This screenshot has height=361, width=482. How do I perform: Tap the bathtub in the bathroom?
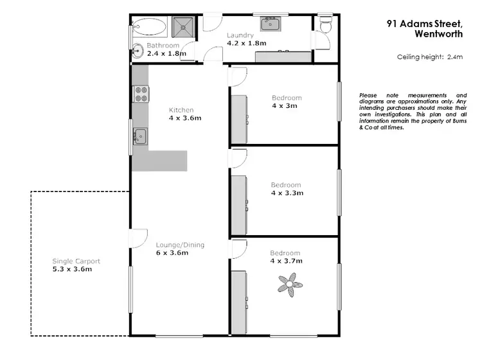point(149,27)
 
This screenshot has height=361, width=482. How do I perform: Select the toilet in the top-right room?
point(326,24)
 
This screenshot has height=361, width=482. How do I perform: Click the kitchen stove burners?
point(141,94)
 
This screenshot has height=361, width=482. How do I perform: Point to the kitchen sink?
point(139,136)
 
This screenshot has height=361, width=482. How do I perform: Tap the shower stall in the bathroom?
point(184,26)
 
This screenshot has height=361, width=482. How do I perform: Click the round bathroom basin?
point(138,51)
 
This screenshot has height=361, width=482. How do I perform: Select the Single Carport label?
point(76,261)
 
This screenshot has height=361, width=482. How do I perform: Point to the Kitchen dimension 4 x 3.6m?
point(184,118)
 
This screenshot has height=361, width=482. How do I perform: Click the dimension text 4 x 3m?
point(285,106)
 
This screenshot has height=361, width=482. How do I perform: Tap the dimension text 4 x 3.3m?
point(286,193)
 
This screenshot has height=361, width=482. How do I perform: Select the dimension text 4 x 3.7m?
point(286,261)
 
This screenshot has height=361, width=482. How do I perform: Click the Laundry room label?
point(240,35)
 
